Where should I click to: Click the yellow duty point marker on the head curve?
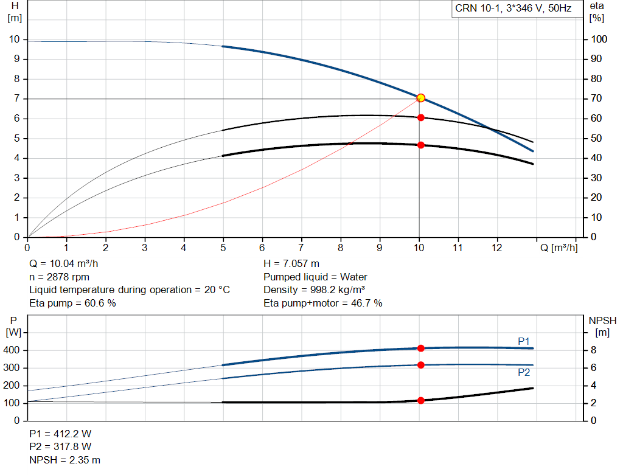[x=421, y=98]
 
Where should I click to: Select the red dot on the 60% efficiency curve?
[x=421, y=117]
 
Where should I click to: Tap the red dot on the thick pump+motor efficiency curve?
[x=421, y=145]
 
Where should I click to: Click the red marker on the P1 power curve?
[x=421, y=348]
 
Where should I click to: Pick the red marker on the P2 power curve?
[x=421, y=364]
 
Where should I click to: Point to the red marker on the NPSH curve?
[x=421, y=400]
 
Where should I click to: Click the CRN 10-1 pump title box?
[x=517, y=9]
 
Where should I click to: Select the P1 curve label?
[x=524, y=341]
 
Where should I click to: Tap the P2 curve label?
[x=524, y=372]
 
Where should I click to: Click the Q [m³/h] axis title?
[x=559, y=248]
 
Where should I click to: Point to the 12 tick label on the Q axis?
[x=496, y=248]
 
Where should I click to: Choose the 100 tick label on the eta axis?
[x=599, y=39]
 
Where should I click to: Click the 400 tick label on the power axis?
[x=11, y=350]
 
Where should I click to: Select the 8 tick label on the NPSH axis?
[x=594, y=350]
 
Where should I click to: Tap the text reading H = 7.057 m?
[x=291, y=263]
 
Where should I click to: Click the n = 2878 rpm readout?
[x=59, y=277]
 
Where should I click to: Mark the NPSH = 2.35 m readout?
[x=64, y=460]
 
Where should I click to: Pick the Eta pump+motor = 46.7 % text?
[x=322, y=303]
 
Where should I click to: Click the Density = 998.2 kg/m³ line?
[x=315, y=290]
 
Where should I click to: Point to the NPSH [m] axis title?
[x=602, y=327]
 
